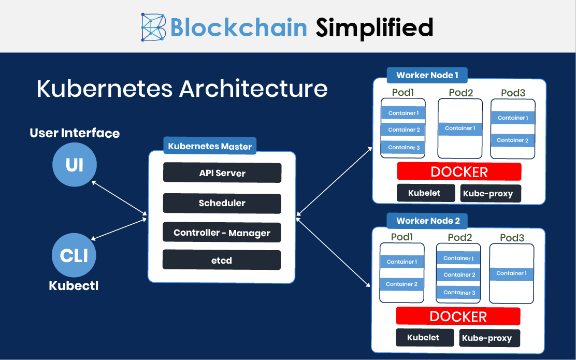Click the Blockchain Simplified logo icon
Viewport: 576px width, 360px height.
click(153, 27)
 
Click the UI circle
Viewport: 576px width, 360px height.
click(75, 165)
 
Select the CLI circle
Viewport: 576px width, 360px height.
click(74, 255)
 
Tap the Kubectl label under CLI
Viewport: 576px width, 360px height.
click(74, 285)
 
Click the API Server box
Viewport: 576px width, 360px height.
click(222, 173)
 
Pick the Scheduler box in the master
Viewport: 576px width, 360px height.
click(222, 203)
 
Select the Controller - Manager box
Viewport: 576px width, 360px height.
click(222, 233)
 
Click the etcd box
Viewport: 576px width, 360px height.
click(222, 260)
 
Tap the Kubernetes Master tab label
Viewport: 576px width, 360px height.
click(210, 146)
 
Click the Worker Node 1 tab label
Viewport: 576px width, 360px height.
click(427, 75)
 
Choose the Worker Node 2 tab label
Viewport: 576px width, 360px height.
click(427, 221)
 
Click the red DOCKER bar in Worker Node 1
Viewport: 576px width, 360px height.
click(459, 171)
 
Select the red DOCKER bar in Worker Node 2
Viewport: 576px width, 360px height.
click(458, 316)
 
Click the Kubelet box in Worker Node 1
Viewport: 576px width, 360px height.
click(424, 193)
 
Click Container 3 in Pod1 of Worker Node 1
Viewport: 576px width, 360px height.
click(403, 148)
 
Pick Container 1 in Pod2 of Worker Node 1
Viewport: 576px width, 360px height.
click(459, 128)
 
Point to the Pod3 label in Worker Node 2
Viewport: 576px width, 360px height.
click(512, 238)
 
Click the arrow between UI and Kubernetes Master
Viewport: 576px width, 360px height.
click(119, 197)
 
